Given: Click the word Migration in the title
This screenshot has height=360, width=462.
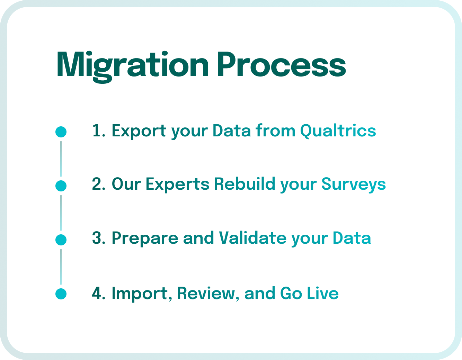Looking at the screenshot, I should (132, 65).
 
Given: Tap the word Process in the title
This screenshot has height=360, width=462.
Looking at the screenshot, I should (281, 65).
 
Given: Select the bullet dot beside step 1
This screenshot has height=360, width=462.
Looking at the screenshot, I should (61, 132).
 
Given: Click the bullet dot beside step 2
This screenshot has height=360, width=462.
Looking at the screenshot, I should (61, 186).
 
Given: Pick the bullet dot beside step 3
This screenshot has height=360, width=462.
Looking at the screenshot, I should (61, 240).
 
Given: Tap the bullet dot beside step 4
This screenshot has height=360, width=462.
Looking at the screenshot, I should (61, 294).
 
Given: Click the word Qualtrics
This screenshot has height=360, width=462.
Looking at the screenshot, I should (338, 131).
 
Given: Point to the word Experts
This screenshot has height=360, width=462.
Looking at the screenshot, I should (177, 184).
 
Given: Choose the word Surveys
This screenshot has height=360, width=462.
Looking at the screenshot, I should (353, 184).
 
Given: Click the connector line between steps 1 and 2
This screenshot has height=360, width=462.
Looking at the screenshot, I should (61, 159).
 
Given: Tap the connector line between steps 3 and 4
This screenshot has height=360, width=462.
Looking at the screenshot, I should (61, 267).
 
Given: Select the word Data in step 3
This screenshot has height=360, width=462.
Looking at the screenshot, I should (352, 238).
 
